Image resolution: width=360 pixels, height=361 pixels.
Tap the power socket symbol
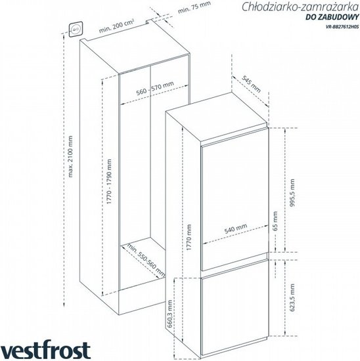click(x=76, y=29)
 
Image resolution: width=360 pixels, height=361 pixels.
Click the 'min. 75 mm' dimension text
click(x=194, y=8)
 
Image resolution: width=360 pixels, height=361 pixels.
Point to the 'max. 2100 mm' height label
click(x=70, y=157)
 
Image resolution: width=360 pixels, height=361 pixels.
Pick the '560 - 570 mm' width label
click(x=155, y=89)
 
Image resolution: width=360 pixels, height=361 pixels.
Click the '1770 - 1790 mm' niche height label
click(x=109, y=181)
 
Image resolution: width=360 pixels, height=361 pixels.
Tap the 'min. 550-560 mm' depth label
click(x=146, y=260)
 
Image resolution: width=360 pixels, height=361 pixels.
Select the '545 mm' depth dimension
click(x=251, y=84)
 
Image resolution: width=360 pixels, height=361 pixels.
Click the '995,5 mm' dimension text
click(x=292, y=193)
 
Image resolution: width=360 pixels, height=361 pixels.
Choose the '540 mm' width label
click(x=236, y=228)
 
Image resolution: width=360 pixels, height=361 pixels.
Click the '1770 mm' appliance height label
click(x=189, y=238)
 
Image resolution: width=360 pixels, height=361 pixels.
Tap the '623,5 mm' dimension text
click(x=292, y=298)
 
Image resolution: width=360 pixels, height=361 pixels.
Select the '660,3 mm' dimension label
click(x=169, y=314)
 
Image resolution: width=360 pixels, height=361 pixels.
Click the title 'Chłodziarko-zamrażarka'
click(x=300, y=7)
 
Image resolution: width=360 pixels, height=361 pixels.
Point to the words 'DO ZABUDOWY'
click(x=332, y=17)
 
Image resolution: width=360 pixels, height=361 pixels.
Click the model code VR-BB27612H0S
click(x=342, y=26)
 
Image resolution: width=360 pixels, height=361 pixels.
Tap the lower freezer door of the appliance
click(x=235, y=308)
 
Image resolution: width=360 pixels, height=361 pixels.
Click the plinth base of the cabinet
click(x=142, y=301)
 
